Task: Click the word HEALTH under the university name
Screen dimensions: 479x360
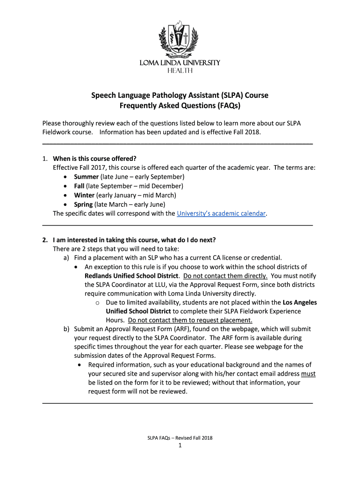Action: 180,71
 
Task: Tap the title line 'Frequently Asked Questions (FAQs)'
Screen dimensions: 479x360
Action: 180,106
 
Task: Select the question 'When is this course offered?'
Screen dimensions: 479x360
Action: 97,159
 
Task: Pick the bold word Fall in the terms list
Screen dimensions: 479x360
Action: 79,186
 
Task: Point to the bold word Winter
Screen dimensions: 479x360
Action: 84,195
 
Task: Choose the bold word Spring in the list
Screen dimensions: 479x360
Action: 83,204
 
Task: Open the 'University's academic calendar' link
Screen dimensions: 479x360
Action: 221,214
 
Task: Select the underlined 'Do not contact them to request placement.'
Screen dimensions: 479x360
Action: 190,320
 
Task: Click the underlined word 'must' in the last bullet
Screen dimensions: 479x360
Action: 308,374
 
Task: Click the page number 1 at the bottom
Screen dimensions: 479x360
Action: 180,446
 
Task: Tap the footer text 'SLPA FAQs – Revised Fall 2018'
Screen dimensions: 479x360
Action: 180,438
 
